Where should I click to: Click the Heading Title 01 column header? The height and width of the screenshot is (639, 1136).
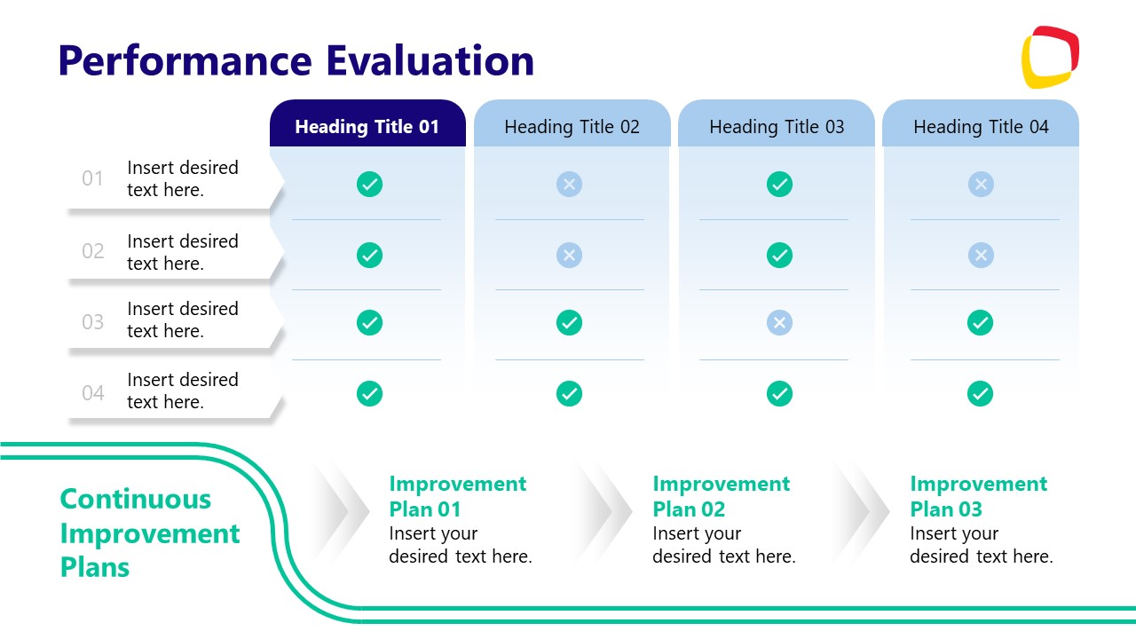367,126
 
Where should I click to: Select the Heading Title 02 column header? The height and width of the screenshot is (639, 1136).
572,126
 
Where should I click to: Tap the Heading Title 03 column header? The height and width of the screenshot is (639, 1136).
777,126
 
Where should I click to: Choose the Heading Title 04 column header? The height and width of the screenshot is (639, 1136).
981,126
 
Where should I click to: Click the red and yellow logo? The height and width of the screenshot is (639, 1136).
1050,58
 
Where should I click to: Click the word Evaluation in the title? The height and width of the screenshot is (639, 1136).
430,60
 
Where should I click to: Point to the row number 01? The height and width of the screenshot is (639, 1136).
93,178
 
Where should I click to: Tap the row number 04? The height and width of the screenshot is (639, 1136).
93,392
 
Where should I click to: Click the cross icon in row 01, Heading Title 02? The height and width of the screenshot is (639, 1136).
569,185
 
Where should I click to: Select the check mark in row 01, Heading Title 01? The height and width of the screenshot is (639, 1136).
369,185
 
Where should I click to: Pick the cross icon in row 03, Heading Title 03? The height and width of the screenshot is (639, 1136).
779,322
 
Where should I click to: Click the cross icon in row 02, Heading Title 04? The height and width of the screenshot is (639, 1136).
980,256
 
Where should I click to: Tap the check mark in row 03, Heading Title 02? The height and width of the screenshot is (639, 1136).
569,322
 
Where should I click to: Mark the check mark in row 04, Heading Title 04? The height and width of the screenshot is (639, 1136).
980,393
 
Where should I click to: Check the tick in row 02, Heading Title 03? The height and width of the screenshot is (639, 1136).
779,256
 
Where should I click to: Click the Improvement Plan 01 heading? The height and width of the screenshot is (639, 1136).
457,496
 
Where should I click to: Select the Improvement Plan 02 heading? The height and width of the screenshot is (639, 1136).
721,496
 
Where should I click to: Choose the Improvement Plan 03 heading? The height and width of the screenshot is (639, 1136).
978,496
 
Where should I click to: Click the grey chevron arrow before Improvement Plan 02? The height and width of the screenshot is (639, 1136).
608,510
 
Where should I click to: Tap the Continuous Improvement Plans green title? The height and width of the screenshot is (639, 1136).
149,532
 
